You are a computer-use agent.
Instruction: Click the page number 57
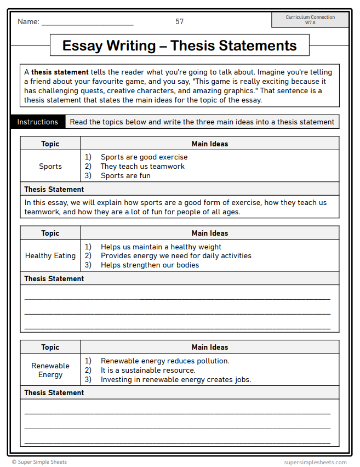(x=179, y=21)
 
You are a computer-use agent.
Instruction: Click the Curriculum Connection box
(x=310, y=20)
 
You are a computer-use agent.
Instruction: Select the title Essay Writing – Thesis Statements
(x=179, y=45)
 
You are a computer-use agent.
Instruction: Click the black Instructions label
(x=37, y=122)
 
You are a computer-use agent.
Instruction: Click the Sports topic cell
(x=50, y=166)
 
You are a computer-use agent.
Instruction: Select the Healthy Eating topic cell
(x=50, y=255)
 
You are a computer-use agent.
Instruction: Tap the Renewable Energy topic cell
(x=50, y=370)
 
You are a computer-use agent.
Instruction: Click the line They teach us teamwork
(x=142, y=166)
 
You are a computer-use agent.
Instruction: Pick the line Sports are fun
(x=125, y=175)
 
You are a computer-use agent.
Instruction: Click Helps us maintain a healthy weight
(x=161, y=247)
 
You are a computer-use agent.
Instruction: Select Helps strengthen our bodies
(x=150, y=265)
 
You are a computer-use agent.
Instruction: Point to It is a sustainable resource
(x=148, y=370)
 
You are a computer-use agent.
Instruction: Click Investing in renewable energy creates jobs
(x=175, y=379)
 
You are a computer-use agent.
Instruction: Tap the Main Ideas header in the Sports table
(x=209, y=144)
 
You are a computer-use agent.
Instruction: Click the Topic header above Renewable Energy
(x=50, y=347)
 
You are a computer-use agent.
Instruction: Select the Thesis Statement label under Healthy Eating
(x=54, y=278)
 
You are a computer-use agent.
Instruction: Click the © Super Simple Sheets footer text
(x=39, y=462)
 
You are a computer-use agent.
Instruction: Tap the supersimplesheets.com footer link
(x=315, y=462)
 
